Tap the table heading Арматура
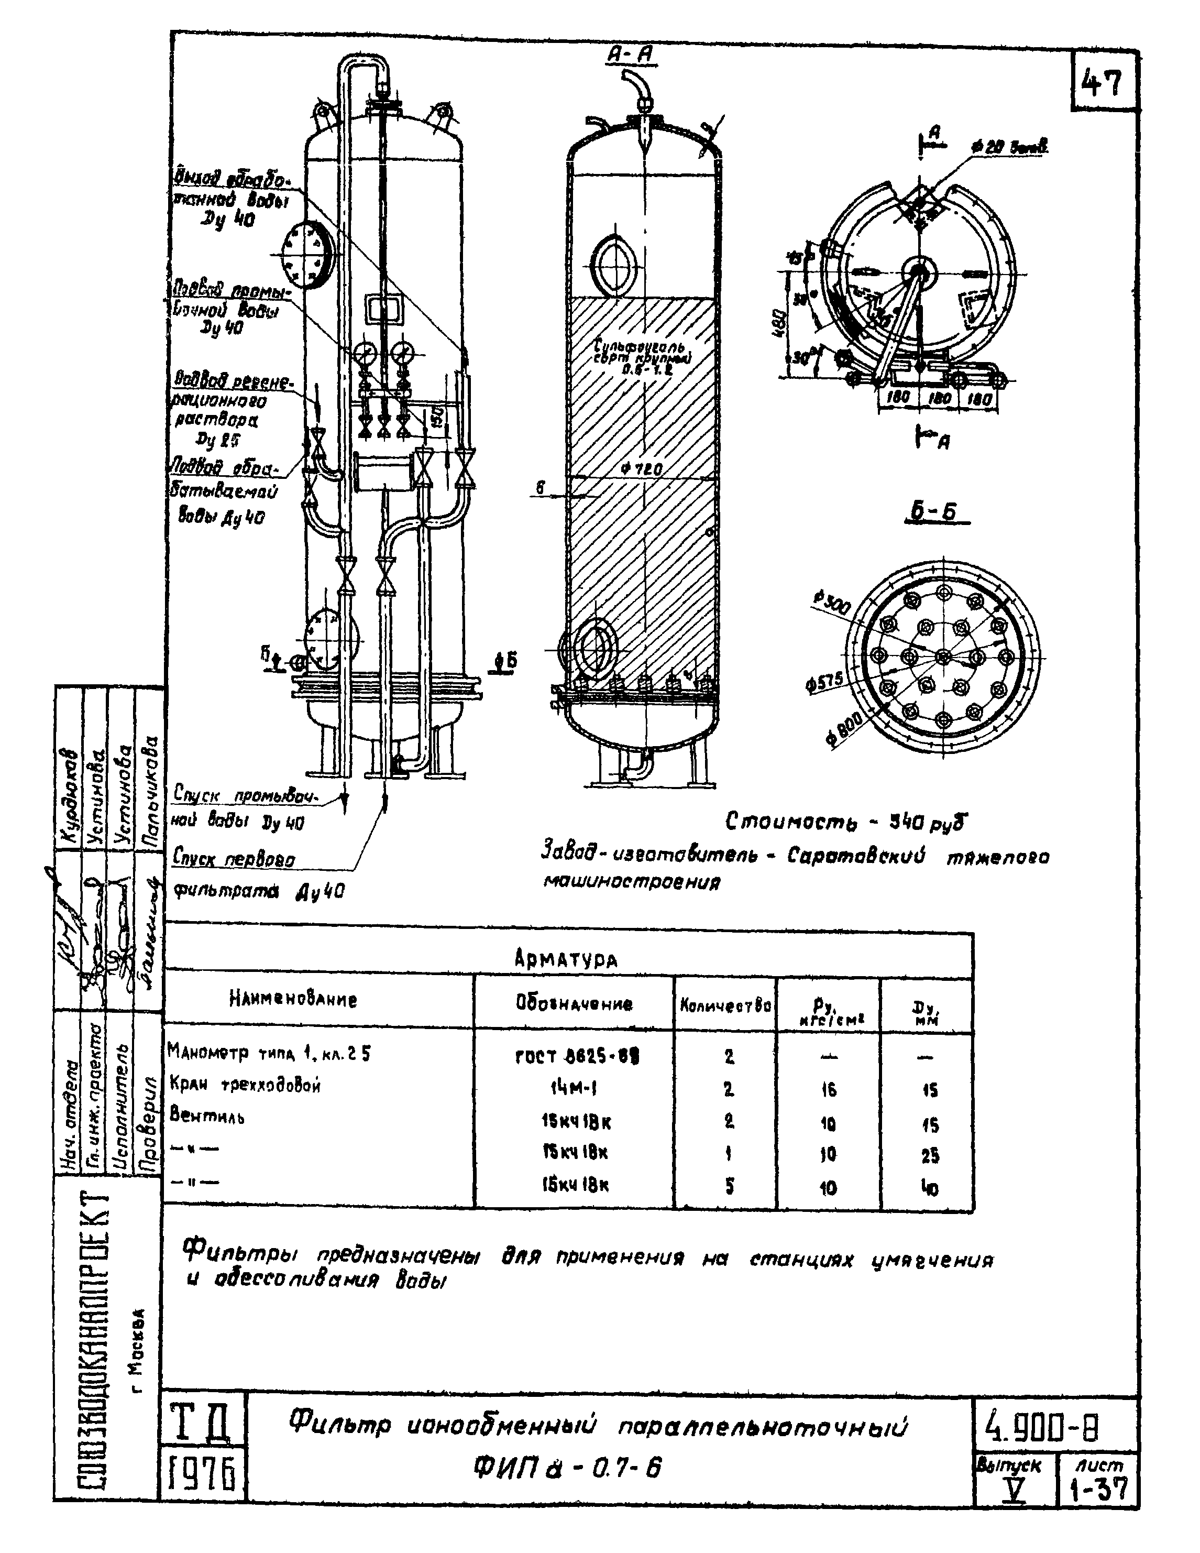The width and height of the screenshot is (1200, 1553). [566, 959]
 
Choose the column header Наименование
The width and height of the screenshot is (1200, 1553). [293, 1000]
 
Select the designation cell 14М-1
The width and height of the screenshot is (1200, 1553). [573, 1088]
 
